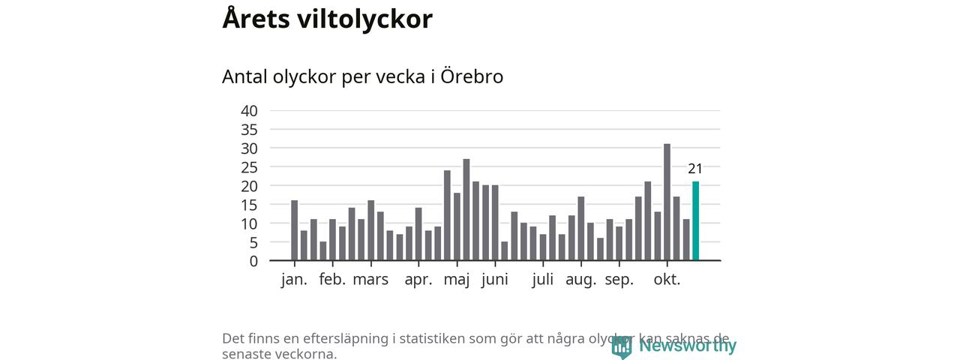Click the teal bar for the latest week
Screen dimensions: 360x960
tap(695, 221)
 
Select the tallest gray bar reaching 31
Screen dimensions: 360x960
tap(667, 202)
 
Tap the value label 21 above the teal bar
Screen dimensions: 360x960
tap(695, 169)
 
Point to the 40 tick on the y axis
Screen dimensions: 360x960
tap(249, 111)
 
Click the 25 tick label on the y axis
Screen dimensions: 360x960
tap(249, 167)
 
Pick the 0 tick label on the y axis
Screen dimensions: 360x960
tap(253, 261)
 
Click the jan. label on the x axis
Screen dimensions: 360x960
tap(294, 280)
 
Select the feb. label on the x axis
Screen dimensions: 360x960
tap(332, 280)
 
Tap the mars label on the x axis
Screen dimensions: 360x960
tap(370, 280)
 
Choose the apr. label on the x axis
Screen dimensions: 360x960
tap(418, 280)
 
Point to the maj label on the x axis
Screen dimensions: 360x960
tap(457, 280)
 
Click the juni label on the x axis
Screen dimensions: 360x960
tap(494, 280)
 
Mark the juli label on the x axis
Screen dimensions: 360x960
tap(543, 280)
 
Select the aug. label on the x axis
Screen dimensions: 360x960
tap(581, 280)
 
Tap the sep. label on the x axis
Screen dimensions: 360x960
tap(619, 280)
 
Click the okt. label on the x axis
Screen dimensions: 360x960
tap(667, 280)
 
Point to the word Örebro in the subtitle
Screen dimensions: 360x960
tap(471, 76)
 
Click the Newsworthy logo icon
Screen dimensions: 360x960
tap(621, 346)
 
